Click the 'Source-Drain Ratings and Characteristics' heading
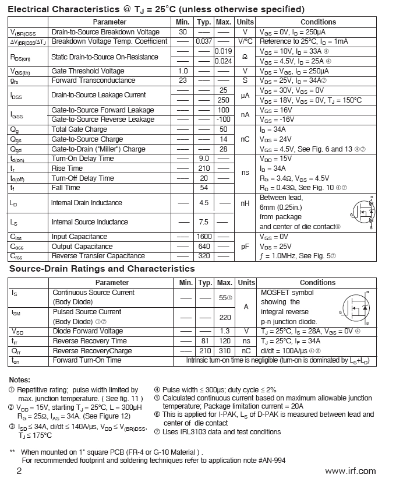pos(102,269)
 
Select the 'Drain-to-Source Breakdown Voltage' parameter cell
pos(105,31)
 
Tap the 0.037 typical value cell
pos(204,41)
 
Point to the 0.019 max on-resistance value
pos(223,52)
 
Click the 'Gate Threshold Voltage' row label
pos(88,71)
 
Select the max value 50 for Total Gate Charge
pos(223,129)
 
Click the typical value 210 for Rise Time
pos(204,168)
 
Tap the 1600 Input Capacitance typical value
pos(204,237)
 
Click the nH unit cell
pos(245,203)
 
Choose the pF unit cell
pos(245,247)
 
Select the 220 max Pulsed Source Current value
pos(224,318)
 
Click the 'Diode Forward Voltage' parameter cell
pos(88,331)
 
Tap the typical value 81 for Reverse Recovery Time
pos(204,341)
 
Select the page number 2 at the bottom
pos(19,471)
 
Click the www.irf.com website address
pos(350,471)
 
